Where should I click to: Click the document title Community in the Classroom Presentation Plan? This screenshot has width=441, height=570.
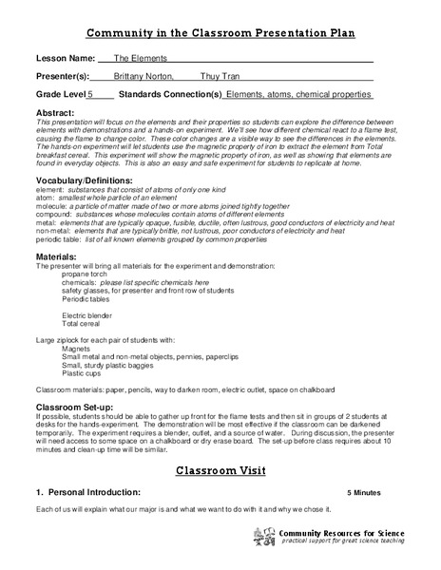click(220, 33)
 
